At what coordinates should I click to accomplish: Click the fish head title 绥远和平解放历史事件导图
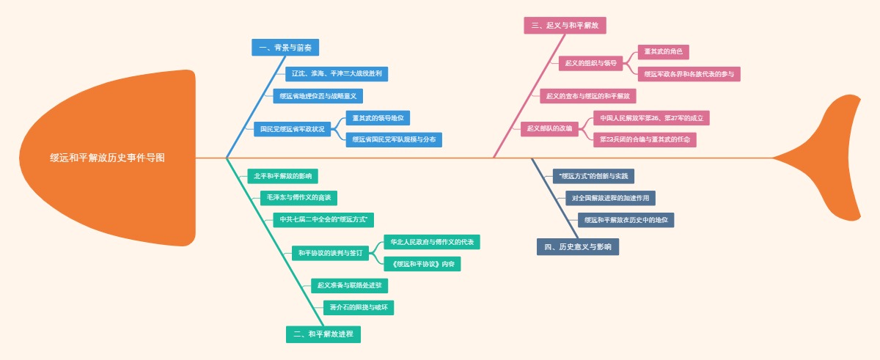pyautogui.click(x=107, y=158)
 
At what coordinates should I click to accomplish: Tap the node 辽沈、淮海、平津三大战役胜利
pyautogui.click(x=337, y=74)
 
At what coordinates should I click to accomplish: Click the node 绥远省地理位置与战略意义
pyautogui.click(x=318, y=96)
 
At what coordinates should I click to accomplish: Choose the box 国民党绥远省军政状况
pyautogui.click(x=293, y=128)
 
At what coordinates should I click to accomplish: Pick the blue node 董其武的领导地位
pyautogui.click(x=378, y=118)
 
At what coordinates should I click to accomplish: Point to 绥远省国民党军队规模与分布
pyautogui.click(x=394, y=139)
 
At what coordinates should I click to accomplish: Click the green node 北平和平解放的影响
pyautogui.click(x=282, y=176)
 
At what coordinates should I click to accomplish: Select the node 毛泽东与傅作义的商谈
pyautogui.click(x=298, y=198)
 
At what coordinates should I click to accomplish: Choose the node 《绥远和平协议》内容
pyautogui.click(x=422, y=264)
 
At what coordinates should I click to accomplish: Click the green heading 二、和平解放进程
pyautogui.click(x=323, y=334)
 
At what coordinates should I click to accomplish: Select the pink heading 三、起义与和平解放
pyautogui.click(x=565, y=26)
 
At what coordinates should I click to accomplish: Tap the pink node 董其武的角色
pyautogui.click(x=663, y=52)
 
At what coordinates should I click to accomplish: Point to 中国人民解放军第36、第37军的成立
pyautogui.click(x=651, y=118)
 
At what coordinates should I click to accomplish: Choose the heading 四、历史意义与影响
pyautogui.click(x=578, y=246)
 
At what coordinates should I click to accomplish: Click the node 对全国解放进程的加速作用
pyautogui.click(x=610, y=198)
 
